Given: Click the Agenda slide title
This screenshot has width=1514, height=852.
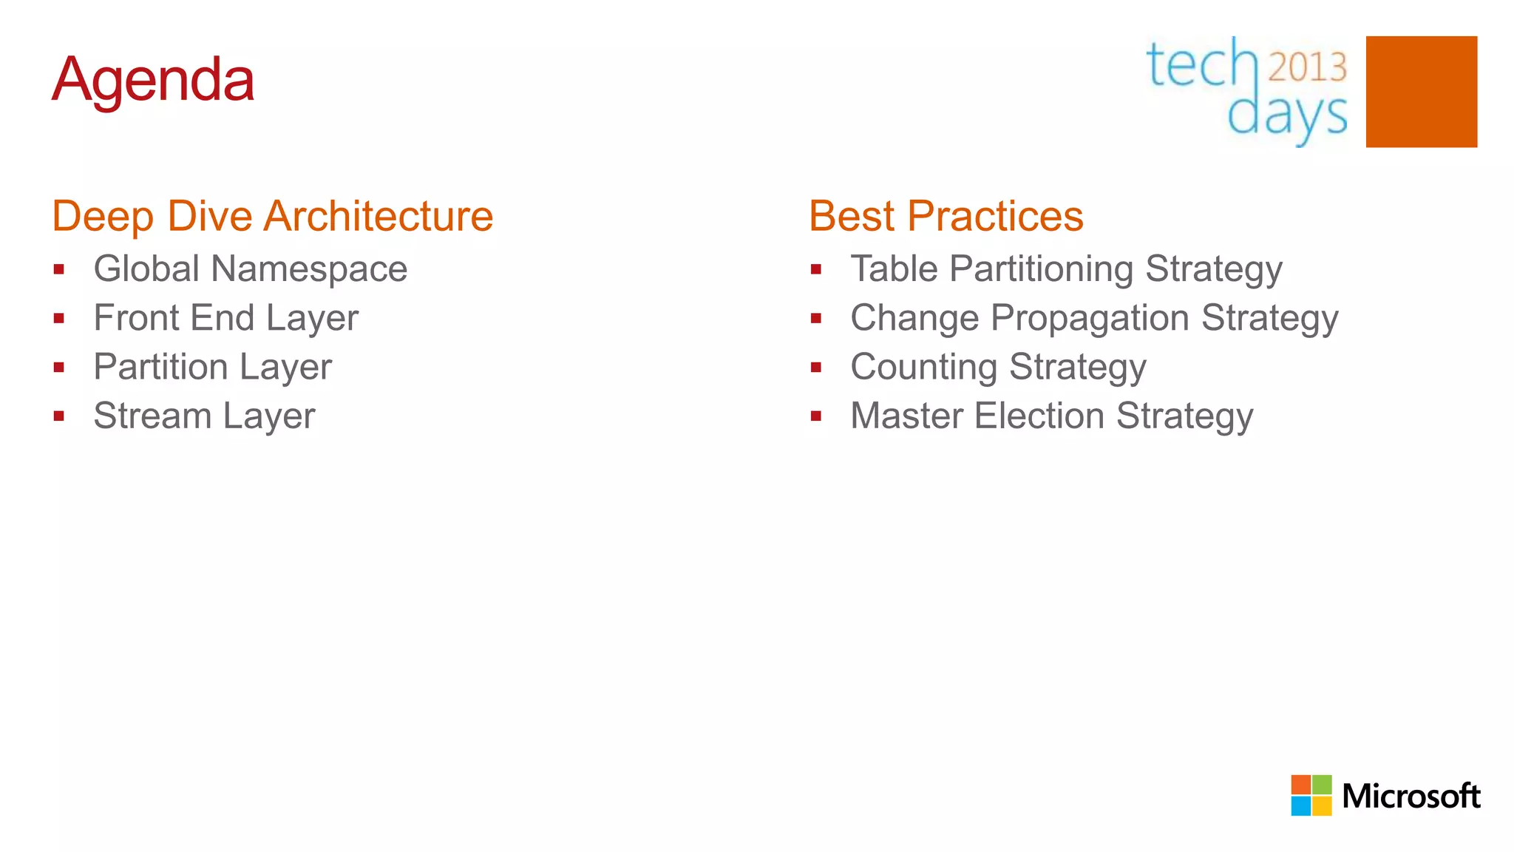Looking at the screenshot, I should click(x=153, y=79).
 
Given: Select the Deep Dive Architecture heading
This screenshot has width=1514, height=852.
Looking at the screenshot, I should click(x=272, y=216).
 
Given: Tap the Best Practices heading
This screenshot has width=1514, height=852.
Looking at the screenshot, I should click(x=946, y=216).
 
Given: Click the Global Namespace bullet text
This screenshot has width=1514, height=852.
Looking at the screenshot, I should click(x=250, y=268).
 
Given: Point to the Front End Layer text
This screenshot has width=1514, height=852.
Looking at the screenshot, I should click(x=225, y=318).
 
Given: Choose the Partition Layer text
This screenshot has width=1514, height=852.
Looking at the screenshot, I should click(x=212, y=367).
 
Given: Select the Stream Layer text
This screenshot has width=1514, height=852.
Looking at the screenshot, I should click(x=204, y=416).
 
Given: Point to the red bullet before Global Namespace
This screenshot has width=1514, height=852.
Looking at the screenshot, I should click(x=59, y=269).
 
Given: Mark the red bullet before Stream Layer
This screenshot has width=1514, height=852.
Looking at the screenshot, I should click(x=59, y=416).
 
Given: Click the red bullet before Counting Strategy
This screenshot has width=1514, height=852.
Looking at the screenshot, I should click(x=816, y=368).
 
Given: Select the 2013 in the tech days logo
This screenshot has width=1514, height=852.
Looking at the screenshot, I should click(x=1307, y=67).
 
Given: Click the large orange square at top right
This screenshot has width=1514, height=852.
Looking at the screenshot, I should click(x=1421, y=92).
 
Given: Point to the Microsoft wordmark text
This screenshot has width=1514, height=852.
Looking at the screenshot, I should click(x=1411, y=797).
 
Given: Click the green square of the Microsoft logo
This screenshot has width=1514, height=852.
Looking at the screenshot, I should click(x=1323, y=785).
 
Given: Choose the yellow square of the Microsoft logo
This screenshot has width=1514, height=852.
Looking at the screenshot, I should click(x=1323, y=806).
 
